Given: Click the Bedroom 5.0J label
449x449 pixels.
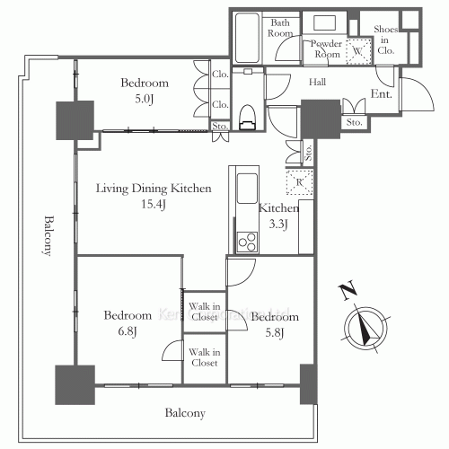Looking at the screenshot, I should point(145,90).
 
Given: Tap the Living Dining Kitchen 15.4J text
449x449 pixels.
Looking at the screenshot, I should point(154,197).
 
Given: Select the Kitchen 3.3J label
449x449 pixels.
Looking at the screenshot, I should point(273,216).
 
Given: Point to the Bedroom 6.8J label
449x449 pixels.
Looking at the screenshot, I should point(127,322).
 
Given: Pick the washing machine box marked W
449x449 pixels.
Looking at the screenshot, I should point(359,51).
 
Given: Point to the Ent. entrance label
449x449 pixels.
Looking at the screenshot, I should point(382,93).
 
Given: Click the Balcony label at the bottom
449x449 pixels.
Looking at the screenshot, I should point(185,414).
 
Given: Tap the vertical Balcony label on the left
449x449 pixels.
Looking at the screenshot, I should point(47,236).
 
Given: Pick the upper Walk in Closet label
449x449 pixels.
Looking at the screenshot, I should point(204,312).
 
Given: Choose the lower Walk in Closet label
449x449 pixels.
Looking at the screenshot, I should point(204,358).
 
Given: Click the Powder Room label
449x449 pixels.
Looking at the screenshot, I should point(327,48).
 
